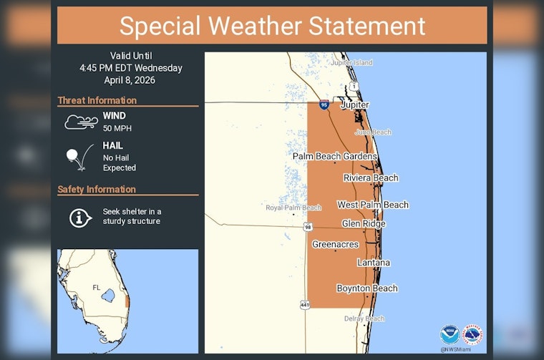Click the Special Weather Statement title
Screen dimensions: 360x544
click(x=272, y=26)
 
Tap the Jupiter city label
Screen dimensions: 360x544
click(x=355, y=104)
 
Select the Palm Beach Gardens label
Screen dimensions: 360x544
click(x=334, y=156)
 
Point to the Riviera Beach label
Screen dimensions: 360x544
click(x=371, y=177)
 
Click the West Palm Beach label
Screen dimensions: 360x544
click(x=373, y=205)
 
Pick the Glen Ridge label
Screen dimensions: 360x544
click(x=364, y=224)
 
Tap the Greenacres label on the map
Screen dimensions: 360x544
click(x=335, y=245)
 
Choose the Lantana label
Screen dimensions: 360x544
click(x=374, y=263)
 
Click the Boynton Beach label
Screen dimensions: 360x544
click(x=366, y=288)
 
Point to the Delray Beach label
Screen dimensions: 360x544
click(x=364, y=318)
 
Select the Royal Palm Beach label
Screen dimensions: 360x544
click(x=293, y=208)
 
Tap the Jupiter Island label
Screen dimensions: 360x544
click(x=351, y=63)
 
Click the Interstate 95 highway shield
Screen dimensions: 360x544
click(x=324, y=104)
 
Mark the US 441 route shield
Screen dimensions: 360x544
click(x=305, y=304)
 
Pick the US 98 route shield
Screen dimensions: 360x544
click(x=307, y=227)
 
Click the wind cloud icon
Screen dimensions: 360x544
click(x=81, y=121)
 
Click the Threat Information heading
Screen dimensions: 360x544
click(x=97, y=101)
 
